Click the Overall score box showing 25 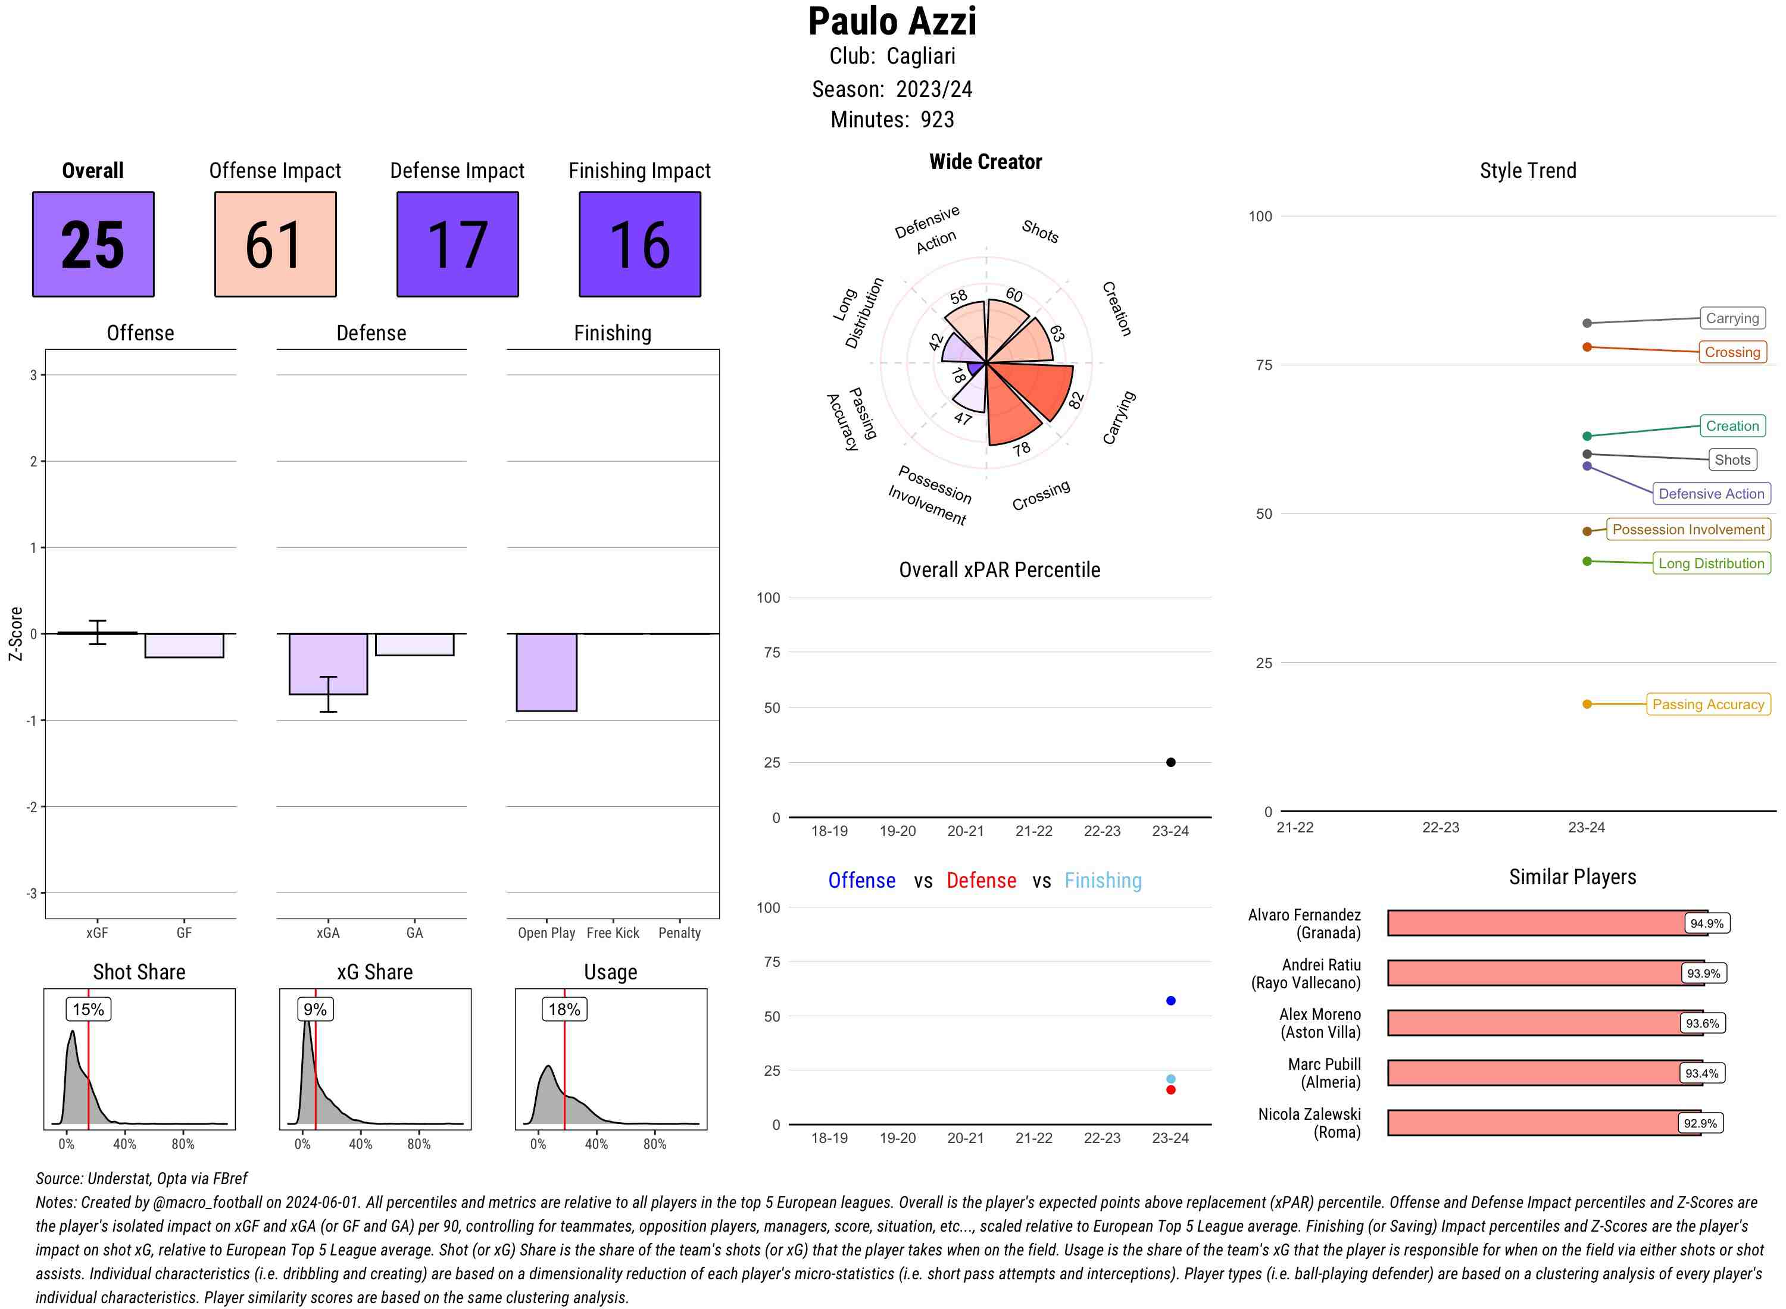pos(93,244)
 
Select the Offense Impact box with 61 pos(275,244)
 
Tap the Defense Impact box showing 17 pos(457,244)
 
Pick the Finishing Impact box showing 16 pos(640,244)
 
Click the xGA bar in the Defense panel pos(328,664)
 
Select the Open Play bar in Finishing pos(546,672)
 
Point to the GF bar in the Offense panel pos(184,646)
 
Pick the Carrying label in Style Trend pos(1732,318)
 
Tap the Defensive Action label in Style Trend pos(1711,494)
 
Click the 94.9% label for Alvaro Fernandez pos(1706,923)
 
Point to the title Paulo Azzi pos(892,21)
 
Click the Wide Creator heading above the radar pos(985,162)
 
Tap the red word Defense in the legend pos(981,881)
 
